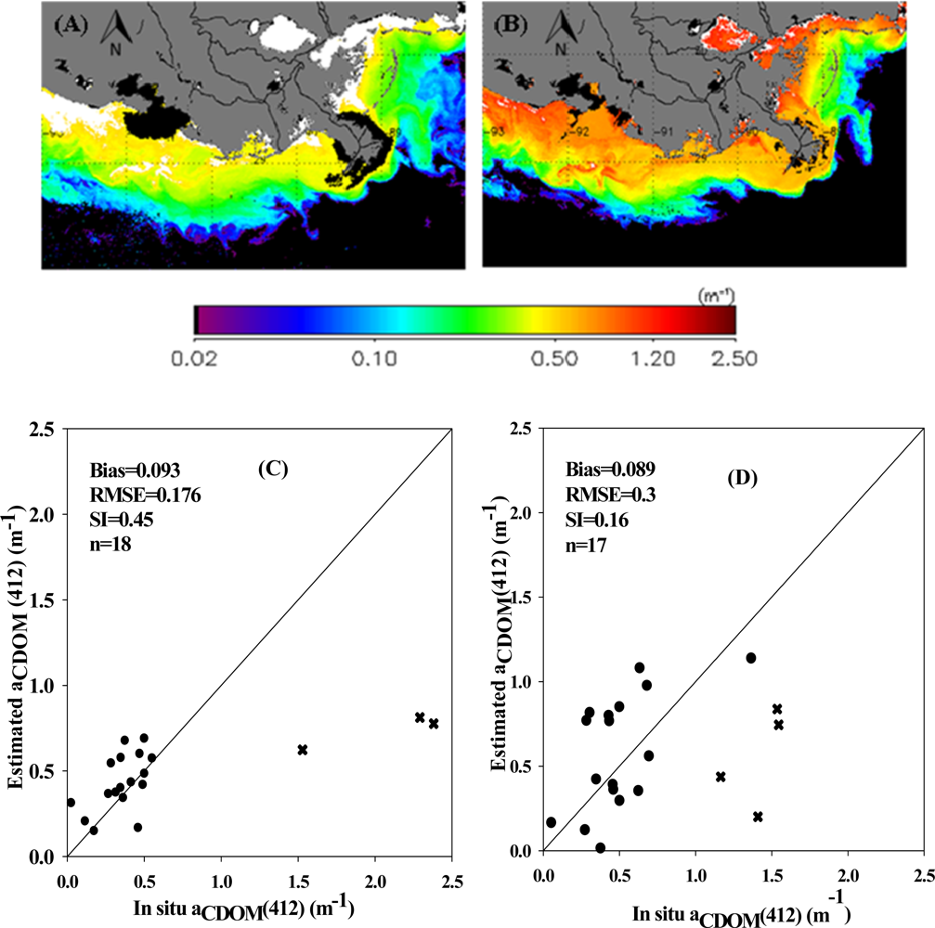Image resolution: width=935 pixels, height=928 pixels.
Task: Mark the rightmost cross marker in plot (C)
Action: coord(434,723)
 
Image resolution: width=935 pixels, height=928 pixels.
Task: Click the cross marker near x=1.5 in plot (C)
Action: coord(302,749)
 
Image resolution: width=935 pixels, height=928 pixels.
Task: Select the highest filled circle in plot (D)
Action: coord(751,658)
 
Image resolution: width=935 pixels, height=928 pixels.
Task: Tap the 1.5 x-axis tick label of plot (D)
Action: coord(772,876)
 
